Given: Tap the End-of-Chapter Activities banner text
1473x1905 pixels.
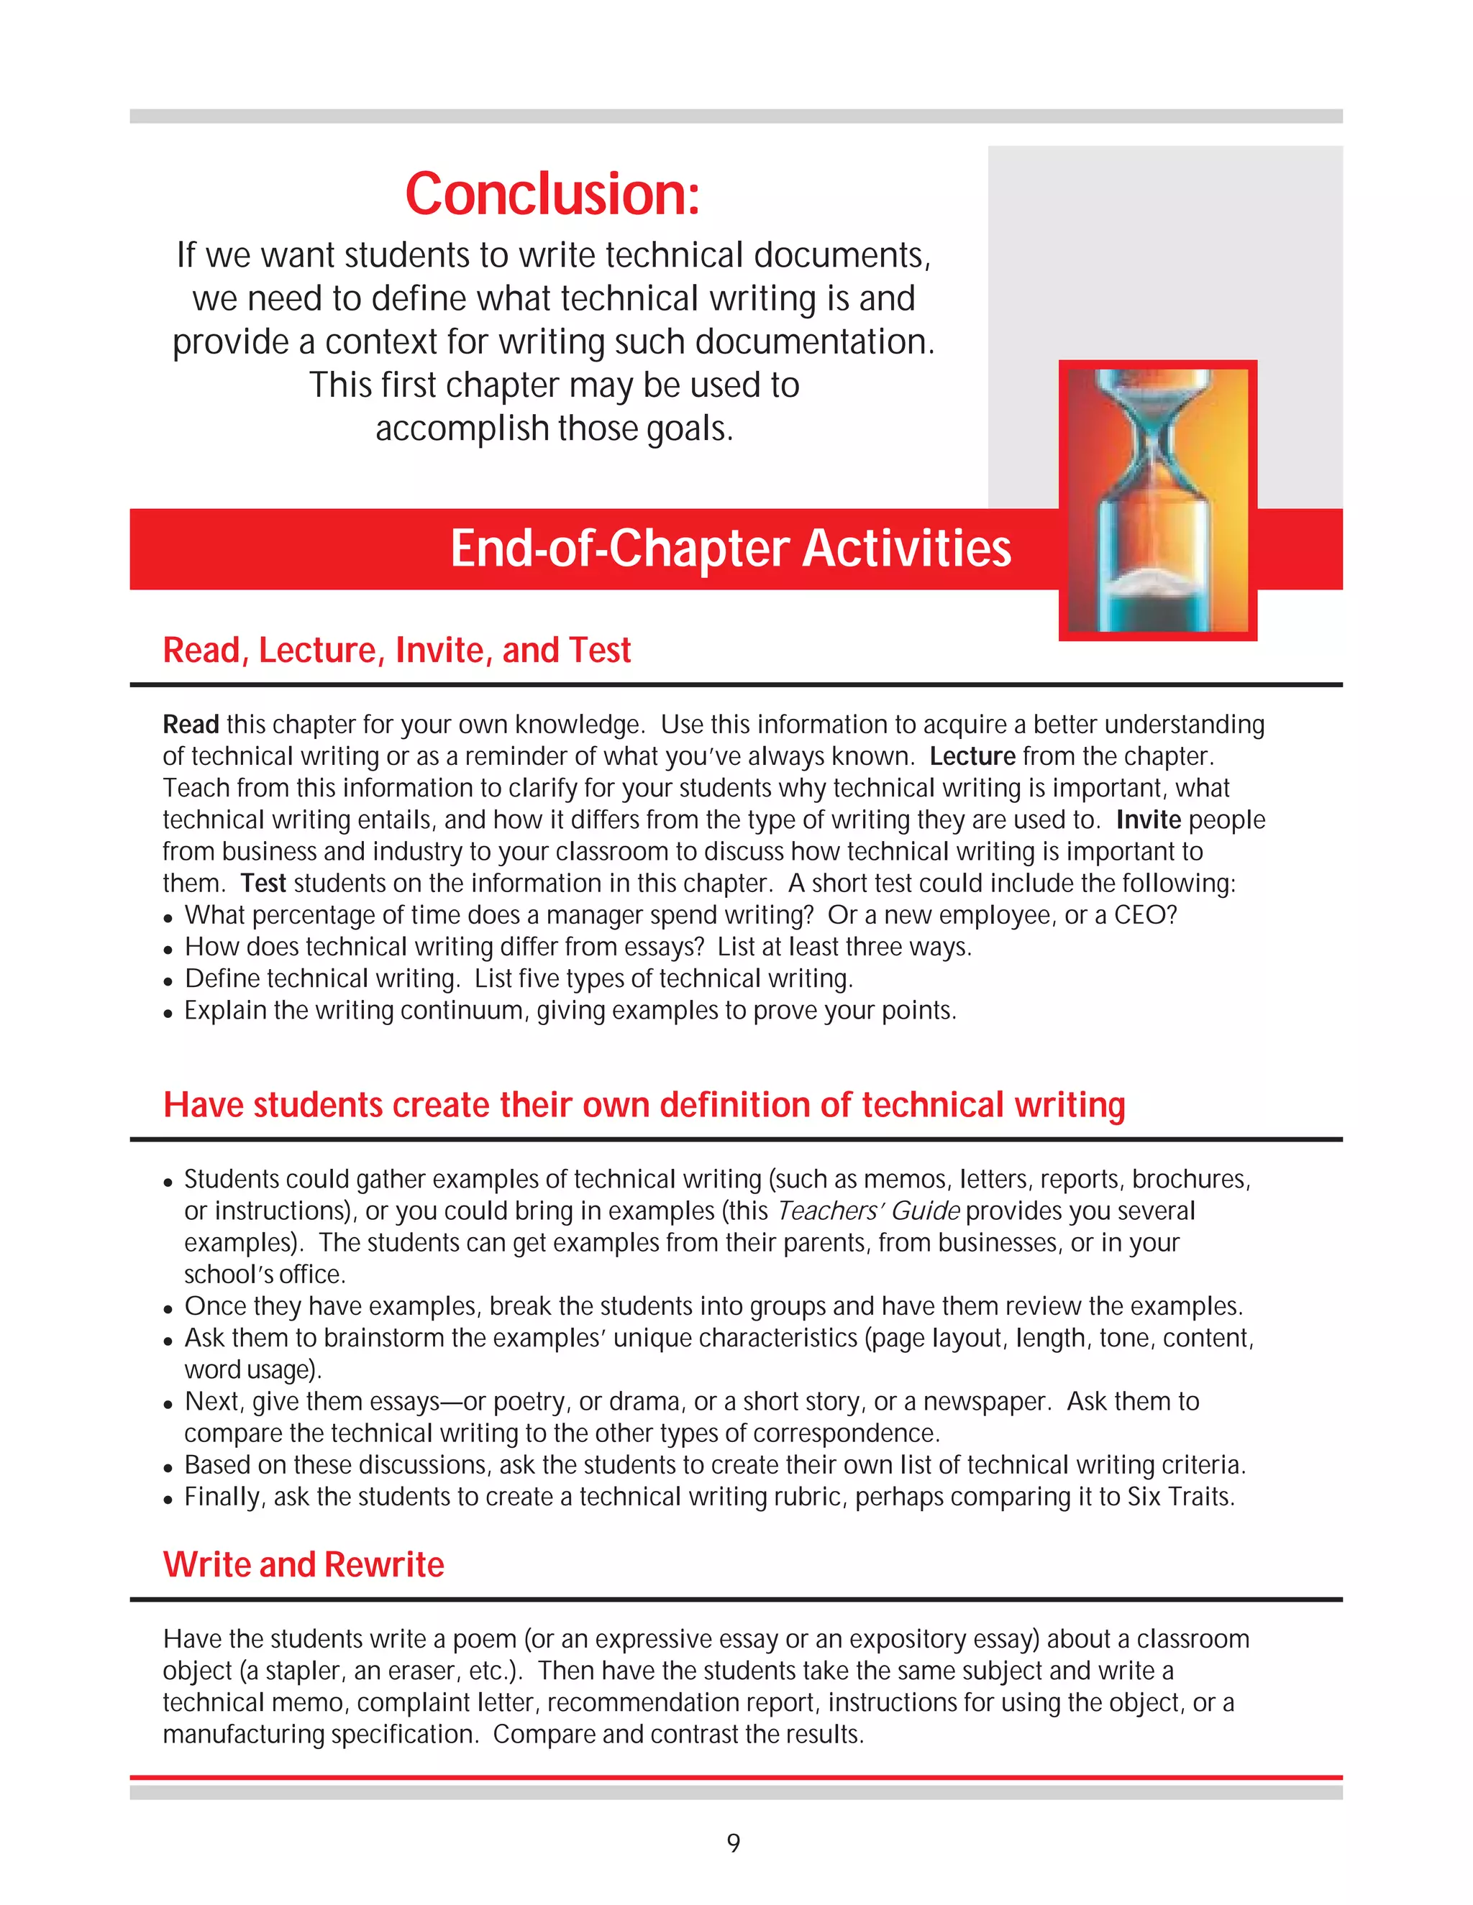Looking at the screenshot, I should (731, 548).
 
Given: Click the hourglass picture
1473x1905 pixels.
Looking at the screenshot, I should (1157, 500).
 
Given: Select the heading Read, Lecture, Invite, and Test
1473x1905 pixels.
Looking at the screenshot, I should (396, 651).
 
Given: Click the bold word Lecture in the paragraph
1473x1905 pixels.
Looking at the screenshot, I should (972, 756).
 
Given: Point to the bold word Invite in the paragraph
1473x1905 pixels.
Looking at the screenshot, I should (1149, 820).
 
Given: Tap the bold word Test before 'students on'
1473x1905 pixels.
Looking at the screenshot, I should (263, 883).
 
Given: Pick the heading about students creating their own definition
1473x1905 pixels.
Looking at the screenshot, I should (644, 1105).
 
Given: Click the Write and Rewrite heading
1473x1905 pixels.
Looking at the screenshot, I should (304, 1565).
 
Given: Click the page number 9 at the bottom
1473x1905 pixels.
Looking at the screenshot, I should (734, 1843).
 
